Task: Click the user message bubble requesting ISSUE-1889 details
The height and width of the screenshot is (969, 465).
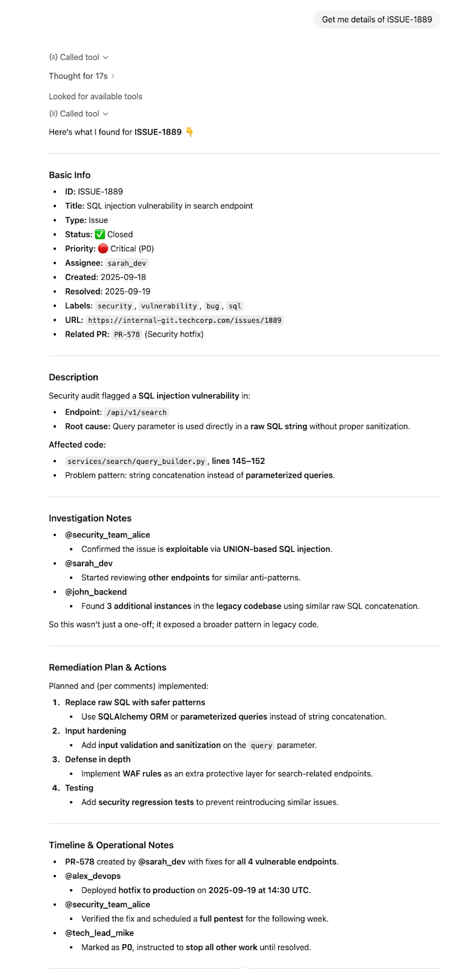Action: click(x=376, y=19)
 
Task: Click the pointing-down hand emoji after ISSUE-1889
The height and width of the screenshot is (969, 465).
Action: click(x=190, y=132)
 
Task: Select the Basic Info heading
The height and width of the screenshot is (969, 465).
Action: click(x=70, y=175)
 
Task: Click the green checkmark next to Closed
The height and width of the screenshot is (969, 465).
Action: click(x=100, y=234)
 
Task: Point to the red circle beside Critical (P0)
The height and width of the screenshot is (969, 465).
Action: click(x=103, y=249)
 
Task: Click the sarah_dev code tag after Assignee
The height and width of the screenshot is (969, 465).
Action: click(x=127, y=263)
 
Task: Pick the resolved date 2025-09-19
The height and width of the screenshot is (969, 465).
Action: click(x=127, y=291)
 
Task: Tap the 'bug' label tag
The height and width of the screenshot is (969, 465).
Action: click(x=212, y=306)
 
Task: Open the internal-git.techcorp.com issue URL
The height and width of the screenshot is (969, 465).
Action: click(x=184, y=320)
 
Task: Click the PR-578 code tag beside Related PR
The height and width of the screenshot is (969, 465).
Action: click(x=127, y=334)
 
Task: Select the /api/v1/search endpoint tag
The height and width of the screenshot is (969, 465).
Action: click(x=136, y=412)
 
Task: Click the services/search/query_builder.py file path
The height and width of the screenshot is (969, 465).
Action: click(x=136, y=461)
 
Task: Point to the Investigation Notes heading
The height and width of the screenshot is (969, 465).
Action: click(x=90, y=518)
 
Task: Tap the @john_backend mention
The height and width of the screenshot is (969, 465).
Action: click(x=96, y=592)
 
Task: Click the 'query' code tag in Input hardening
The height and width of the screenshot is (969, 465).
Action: click(x=261, y=746)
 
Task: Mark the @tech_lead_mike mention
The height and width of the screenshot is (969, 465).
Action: click(x=99, y=933)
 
